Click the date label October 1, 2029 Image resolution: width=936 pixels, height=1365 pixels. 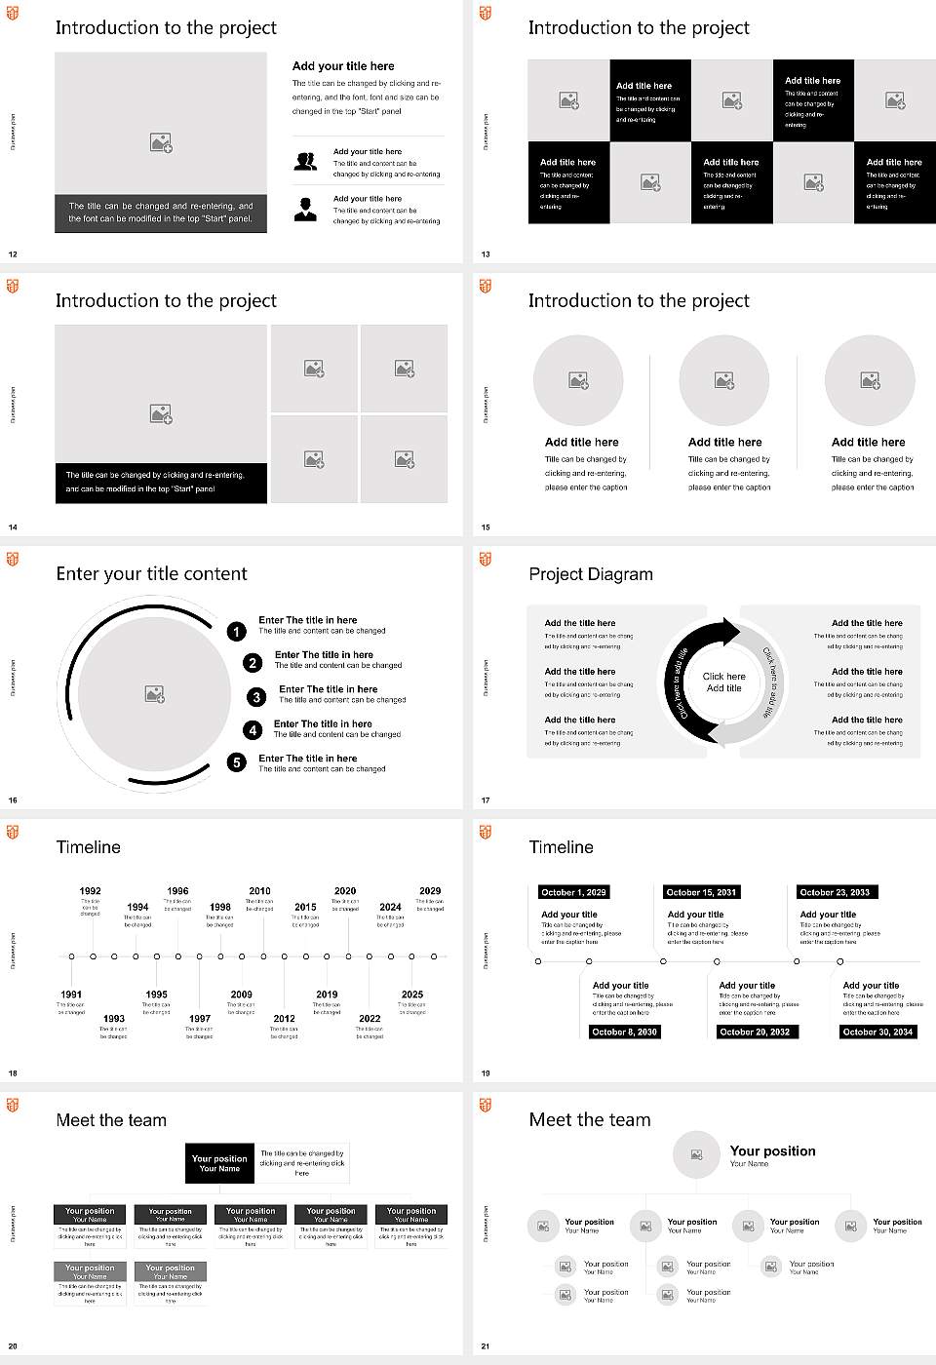pos(573,892)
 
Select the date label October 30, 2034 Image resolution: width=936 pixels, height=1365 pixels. pos(877,1032)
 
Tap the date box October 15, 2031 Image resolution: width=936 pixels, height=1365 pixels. pos(700,892)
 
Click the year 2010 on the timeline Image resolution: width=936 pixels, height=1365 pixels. pos(259,890)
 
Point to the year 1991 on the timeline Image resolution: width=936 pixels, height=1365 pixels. pos(71,994)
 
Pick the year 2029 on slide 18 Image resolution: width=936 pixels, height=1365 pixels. pos(430,890)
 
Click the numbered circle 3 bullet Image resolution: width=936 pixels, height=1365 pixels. pos(256,697)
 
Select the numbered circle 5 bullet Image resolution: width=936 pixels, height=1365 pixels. pos(237,762)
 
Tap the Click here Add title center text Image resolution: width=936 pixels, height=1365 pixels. pos(723,682)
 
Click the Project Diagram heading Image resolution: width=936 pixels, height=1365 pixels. pos(591,574)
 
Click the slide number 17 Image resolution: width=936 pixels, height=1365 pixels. pos(486,800)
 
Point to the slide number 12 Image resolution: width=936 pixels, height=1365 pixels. pos(13,254)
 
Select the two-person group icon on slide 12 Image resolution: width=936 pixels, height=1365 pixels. pos(305,162)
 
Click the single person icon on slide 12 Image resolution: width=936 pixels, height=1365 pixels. pos(305,209)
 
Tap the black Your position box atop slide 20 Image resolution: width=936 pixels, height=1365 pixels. pos(219,1163)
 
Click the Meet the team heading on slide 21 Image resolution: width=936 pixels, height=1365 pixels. pos(589,1120)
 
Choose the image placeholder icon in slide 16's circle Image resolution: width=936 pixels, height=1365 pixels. pos(154,693)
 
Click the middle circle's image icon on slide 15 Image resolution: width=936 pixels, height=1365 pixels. pos(723,380)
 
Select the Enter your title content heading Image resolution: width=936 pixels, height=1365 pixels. pos(151,574)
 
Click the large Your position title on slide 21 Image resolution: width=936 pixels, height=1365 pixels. pos(772,1151)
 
